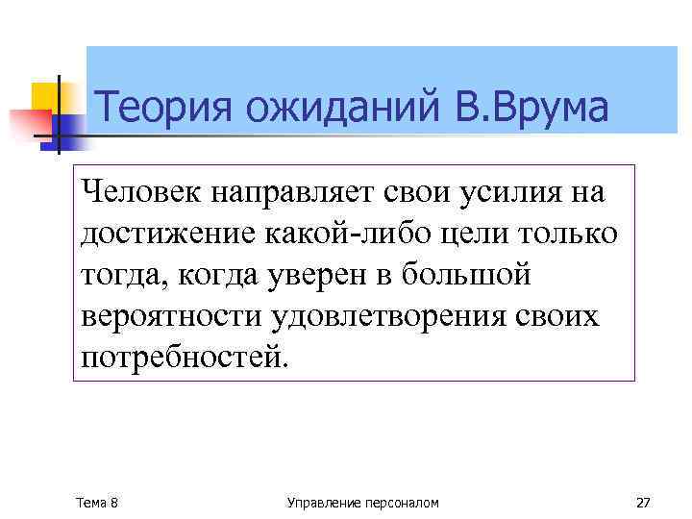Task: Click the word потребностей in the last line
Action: coord(183,358)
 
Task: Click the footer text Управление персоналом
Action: coord(363,503)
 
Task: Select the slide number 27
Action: coord(643,503)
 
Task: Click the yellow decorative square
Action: coord(44,96)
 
